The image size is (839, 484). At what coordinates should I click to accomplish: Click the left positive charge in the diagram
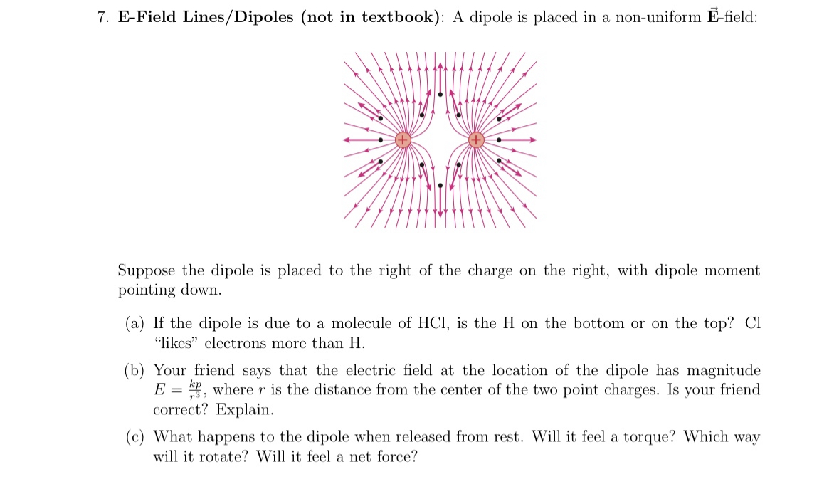(403, 140)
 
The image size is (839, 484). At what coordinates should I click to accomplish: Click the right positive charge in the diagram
(476, 140)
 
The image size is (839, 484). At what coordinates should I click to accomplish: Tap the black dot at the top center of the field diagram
(440, 93)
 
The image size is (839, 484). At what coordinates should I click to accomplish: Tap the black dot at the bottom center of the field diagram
(440, 186)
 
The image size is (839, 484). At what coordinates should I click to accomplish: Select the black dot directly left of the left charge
(381, 140)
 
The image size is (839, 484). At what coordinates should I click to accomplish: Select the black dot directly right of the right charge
(498, 140)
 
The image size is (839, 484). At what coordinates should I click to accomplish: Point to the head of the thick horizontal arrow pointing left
(346, 140)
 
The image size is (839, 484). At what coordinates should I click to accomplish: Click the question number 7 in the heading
(102, 18)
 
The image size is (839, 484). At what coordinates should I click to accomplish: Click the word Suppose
(147, 271)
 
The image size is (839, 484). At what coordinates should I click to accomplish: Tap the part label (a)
(135, 324)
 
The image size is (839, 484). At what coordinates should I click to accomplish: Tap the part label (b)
(135, 371)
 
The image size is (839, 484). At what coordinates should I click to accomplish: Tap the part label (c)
(135, 437)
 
